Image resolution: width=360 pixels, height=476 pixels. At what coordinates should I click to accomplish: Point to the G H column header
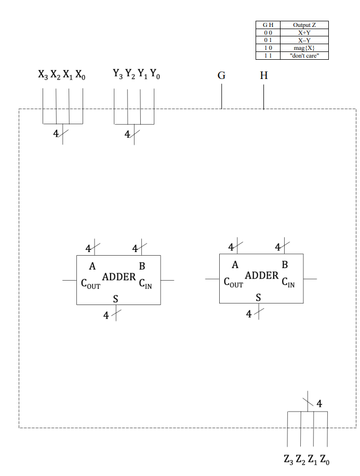point(268,25)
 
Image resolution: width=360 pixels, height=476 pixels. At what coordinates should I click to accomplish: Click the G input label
point(221,76)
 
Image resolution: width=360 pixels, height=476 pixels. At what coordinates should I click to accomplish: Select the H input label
point(263,76)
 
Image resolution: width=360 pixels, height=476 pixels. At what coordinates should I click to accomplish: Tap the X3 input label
point(43,76)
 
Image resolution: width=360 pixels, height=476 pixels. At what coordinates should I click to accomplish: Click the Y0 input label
point(155,76)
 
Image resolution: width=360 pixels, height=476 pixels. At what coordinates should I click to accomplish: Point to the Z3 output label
point(288,459)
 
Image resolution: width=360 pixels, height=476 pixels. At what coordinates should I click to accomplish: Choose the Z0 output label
point(324,459)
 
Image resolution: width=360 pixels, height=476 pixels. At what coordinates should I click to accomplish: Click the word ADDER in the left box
point(118,277)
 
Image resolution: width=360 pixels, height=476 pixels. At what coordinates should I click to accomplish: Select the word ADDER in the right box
point(261,275)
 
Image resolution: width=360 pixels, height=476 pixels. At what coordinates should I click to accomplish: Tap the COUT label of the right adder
point(233,283)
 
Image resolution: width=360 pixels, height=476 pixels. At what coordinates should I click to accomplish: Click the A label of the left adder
point(92,267)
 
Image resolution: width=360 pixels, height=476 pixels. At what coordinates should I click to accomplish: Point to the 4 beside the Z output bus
point(319,403)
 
